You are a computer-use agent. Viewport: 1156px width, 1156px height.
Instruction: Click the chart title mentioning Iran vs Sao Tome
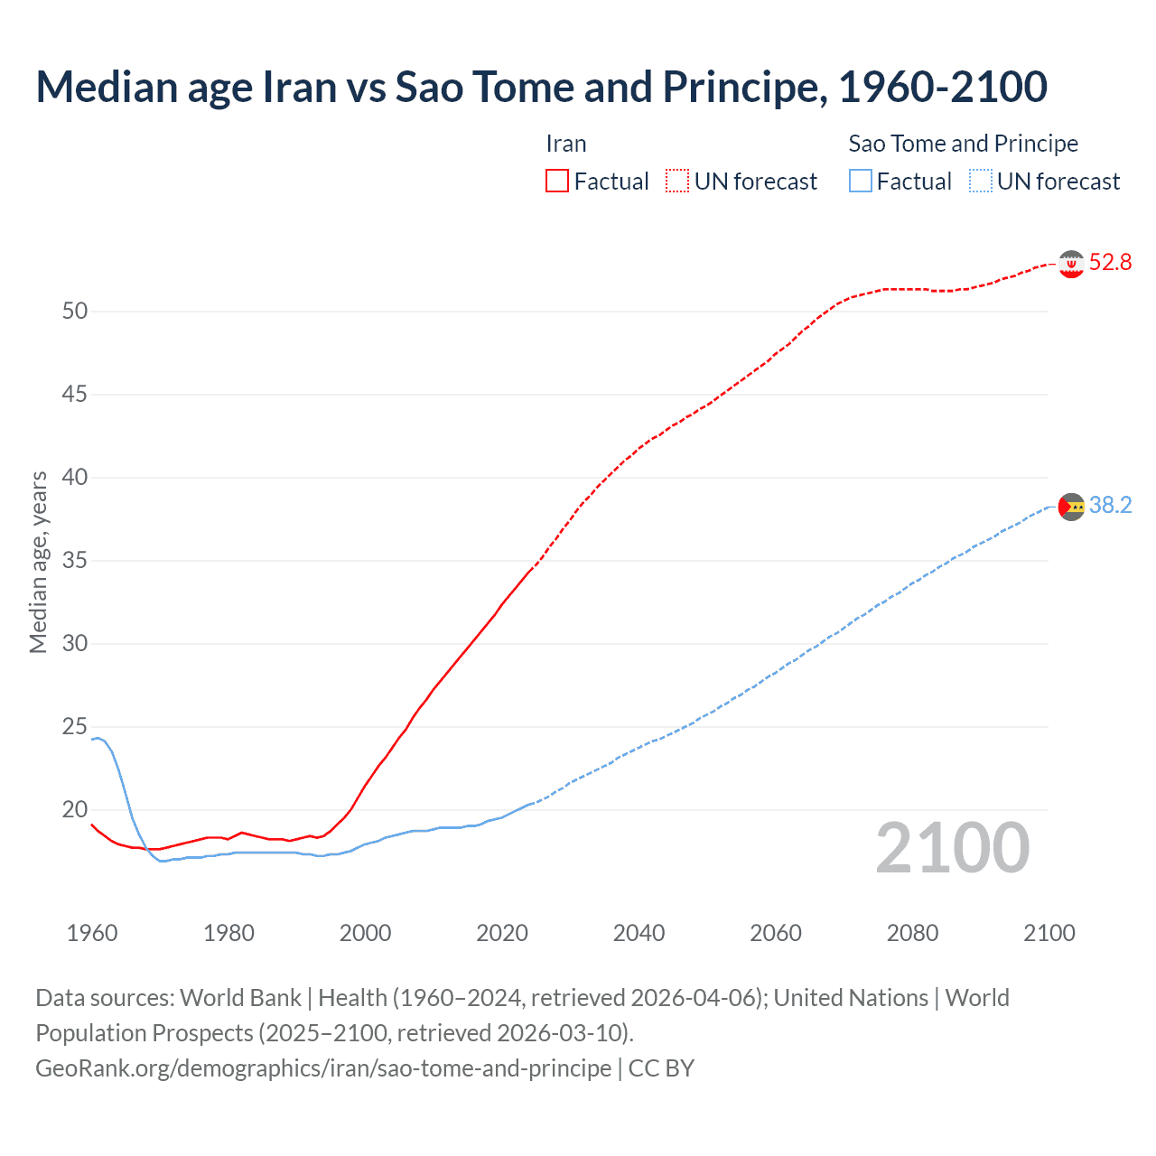pos(541,87)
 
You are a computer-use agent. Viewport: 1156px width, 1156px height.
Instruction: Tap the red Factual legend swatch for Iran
pos(557,182)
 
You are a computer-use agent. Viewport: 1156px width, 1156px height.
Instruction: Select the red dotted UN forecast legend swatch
pos(677,182)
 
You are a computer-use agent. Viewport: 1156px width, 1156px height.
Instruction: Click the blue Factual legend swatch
pos(860,182)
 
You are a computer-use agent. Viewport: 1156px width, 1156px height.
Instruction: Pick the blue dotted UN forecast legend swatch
pos(980,182)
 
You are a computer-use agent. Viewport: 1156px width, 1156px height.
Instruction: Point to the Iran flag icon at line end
pos(1071,264)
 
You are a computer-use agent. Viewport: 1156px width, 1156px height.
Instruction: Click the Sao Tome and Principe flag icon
pos(1071,507)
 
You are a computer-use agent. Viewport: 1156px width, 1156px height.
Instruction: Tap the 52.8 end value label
pos(1110,263)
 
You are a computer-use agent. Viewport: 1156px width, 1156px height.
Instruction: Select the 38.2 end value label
pos(1110,506)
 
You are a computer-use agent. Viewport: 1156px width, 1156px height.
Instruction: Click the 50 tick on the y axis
pos(75,312)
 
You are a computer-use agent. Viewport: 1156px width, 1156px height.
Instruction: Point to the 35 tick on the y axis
pos(75,561)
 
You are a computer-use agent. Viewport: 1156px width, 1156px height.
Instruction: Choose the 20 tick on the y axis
pos(75,810)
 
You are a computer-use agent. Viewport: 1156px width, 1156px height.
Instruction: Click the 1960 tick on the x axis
pos(92,933)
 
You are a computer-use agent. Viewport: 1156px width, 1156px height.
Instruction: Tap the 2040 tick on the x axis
pos(639,933)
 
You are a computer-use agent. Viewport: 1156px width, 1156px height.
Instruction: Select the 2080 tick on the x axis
pos(912,933)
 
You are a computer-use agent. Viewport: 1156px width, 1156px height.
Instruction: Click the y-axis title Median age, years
pos(38,562)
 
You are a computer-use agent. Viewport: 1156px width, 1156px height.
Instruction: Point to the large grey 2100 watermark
pos(953,848)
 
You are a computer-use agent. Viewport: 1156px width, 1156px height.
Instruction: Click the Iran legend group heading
pos(566,144)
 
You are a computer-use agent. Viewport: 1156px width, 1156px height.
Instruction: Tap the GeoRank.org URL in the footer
pos(323,1068)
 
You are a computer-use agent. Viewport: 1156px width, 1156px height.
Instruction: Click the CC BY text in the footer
pos(661,1068)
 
